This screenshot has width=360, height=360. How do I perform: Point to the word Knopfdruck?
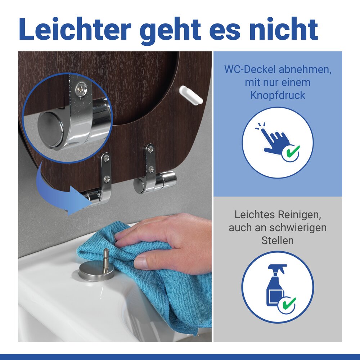pyautogui.click(x=278, y=95)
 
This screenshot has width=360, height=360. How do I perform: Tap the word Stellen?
pyautogui.click(x=278, y=240)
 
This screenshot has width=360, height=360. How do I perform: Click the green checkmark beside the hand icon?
pyautogui.click(x=291, y=153)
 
